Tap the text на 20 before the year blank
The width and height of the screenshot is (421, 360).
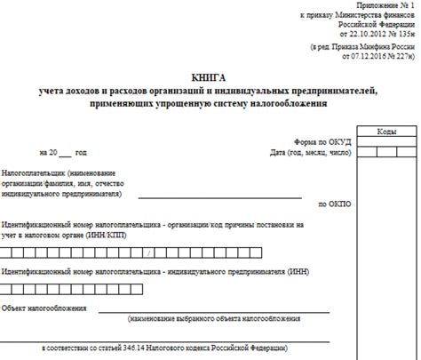coord(49,153)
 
